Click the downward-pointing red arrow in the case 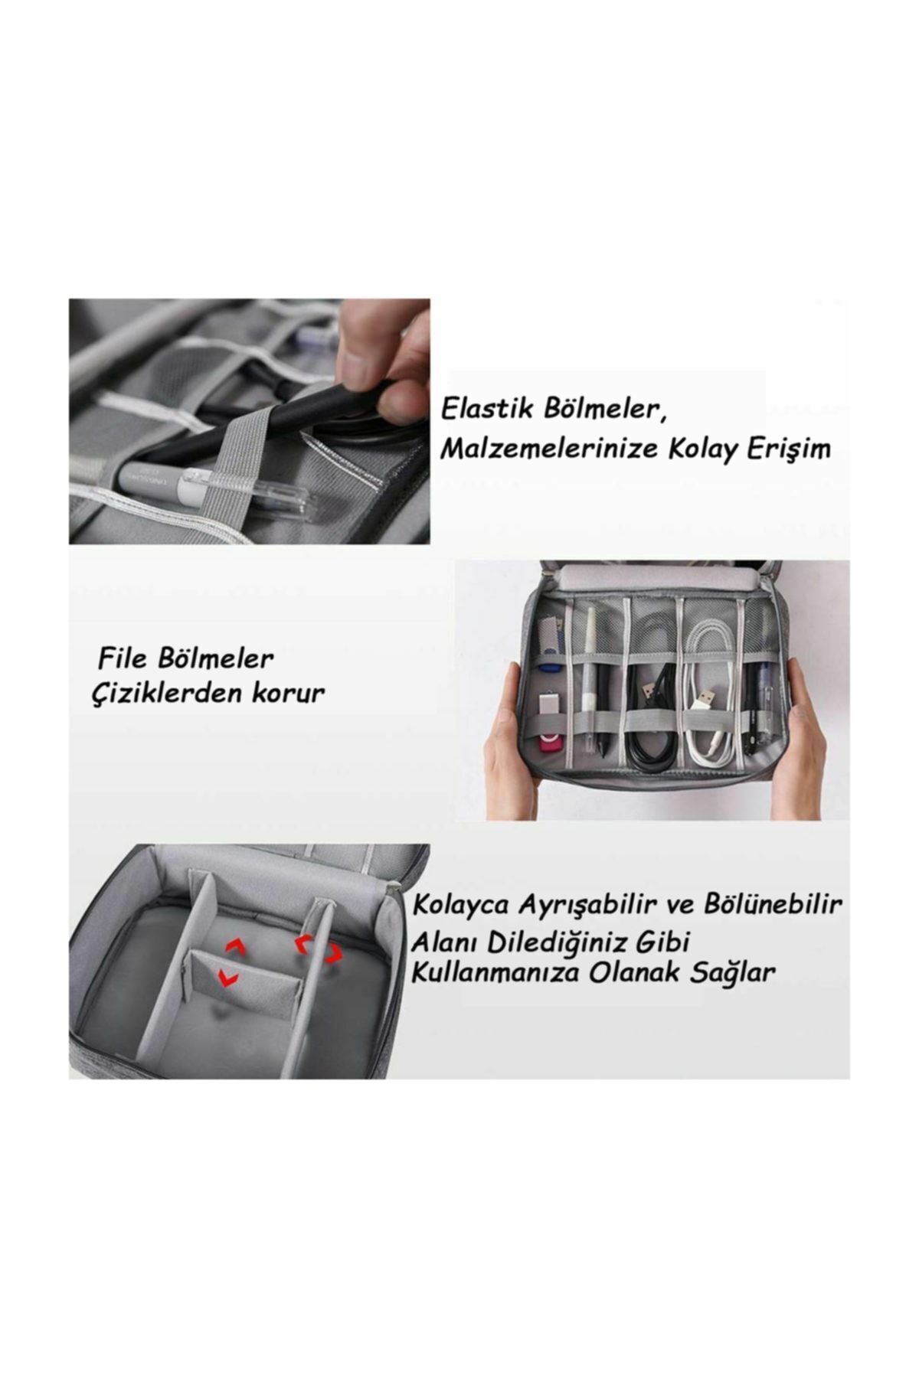227,976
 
